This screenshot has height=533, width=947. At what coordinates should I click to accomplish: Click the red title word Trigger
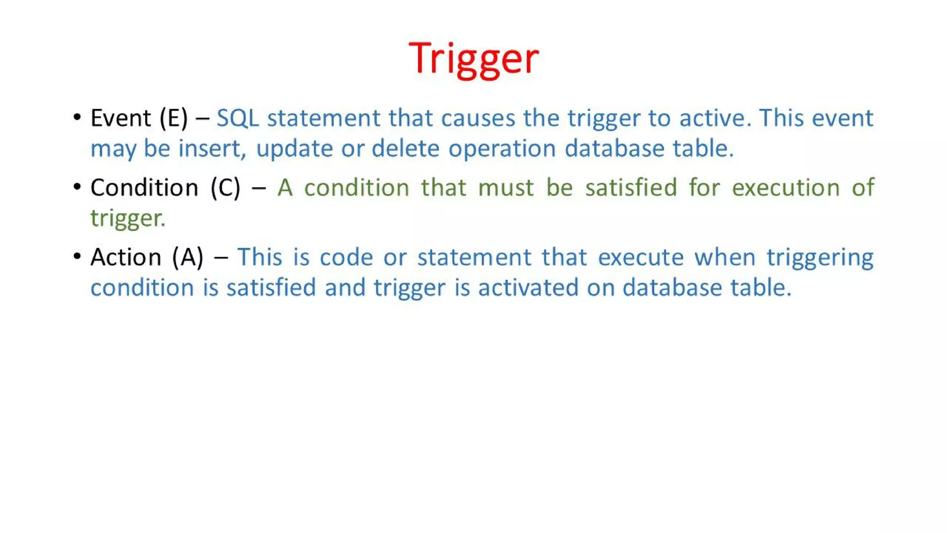(x=474, y=59)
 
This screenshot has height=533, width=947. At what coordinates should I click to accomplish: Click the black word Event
(x=121, y=118)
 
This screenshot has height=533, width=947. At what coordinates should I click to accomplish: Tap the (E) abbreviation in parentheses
(x=173, y=118)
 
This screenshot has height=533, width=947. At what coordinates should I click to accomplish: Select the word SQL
(x=238, y=118)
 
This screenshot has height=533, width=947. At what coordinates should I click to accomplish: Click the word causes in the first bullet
(x=478, y=118)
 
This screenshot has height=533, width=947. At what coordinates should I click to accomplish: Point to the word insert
(x=212, y=149)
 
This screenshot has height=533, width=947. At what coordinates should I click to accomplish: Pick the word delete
(x=406, y=149)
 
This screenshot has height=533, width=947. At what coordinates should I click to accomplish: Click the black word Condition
(x=144, y=188)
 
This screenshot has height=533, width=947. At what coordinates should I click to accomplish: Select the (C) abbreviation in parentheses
(x=226, y=188)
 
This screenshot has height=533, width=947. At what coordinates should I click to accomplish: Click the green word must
(x=506, y=188)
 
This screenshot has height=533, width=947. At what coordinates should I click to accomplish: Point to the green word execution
(x=786, y=188)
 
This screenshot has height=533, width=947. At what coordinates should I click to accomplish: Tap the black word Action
(x=126, y=257)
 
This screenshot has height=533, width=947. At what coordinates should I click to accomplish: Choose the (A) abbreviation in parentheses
(x=188, y=257)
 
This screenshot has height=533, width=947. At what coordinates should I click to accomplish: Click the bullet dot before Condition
(x=77, y=186)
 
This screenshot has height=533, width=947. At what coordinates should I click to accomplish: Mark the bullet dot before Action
(x=77, y=256)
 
